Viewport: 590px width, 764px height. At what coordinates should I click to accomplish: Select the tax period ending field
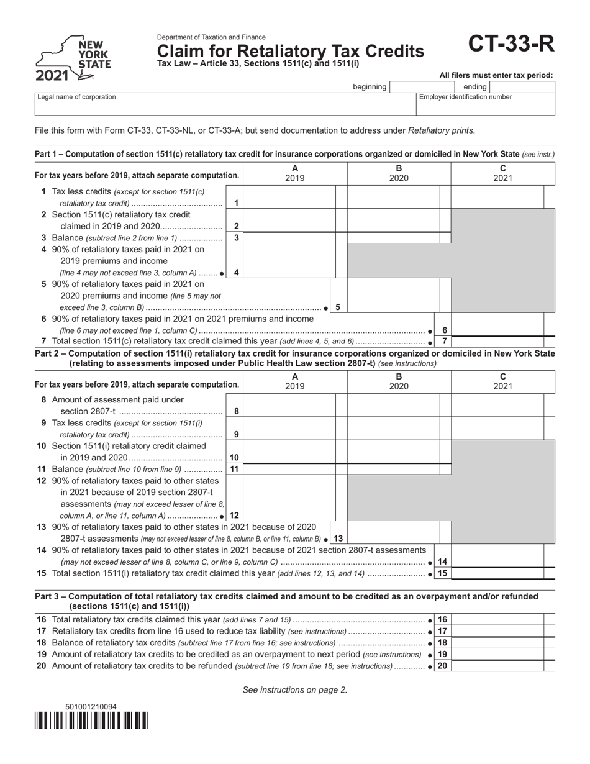(x=522, y=87)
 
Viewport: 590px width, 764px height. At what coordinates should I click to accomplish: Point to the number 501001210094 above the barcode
(x=91, y=707)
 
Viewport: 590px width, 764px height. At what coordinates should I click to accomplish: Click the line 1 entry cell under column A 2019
(x=289, y=198)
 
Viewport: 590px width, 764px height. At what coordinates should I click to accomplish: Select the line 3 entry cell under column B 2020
(x=393, y=238)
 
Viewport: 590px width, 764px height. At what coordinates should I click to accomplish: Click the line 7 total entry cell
(x=497, y=341)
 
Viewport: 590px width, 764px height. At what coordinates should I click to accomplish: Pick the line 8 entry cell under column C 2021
(x=497, y=406)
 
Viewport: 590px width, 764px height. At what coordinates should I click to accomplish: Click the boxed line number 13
(x=338, y=539)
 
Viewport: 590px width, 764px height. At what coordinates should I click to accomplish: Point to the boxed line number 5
(x=338, y=307)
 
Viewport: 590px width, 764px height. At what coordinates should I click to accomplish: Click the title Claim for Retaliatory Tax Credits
(x=291, y=51)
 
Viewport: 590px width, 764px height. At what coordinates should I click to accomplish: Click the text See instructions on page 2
(x=295, y=689)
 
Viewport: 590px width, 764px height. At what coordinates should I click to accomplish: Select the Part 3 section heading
(x=286, y=601)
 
